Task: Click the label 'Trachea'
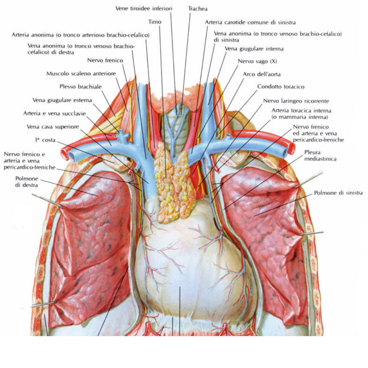coord(198,9)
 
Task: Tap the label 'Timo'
coord(155,22)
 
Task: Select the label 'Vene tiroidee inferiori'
coord(144,9)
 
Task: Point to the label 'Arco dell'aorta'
coord(262,74)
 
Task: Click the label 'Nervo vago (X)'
coord(257,61)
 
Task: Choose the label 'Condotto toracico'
coord(281,87)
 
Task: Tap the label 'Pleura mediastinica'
coord(320,155)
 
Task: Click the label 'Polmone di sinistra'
coord(338,193)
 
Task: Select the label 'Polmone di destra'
coord(27,181)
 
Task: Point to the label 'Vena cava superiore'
coord(53,127)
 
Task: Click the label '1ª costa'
coord(45,140)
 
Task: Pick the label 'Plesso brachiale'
coord(80,87)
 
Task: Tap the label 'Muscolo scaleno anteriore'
coord(81,73)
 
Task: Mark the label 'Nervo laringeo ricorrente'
coord(296,101)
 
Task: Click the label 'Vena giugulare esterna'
coord(62,100)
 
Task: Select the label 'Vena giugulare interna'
coord(254,49)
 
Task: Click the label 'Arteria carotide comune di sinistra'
coord(250,22)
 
